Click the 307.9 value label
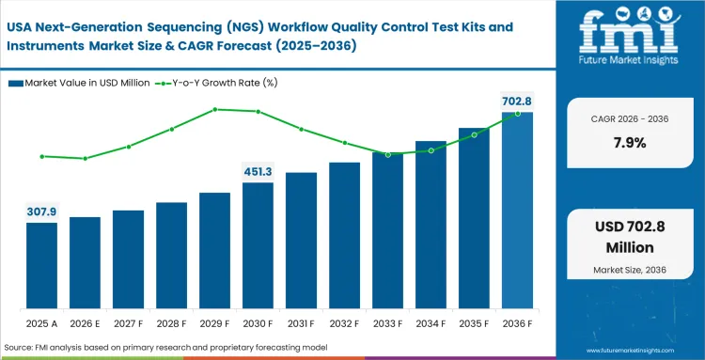[x=41, y=211]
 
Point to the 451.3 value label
[x=258, y=171]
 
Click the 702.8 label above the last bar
[x=516, y=101]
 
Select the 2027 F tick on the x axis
[x=128, y=324]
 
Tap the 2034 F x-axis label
[x=431, y=324]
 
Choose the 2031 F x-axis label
[x=301, y=324]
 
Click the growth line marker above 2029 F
[x=215, y=109]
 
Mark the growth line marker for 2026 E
[x=85, y=158]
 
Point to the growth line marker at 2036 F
[x=518, y=114]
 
